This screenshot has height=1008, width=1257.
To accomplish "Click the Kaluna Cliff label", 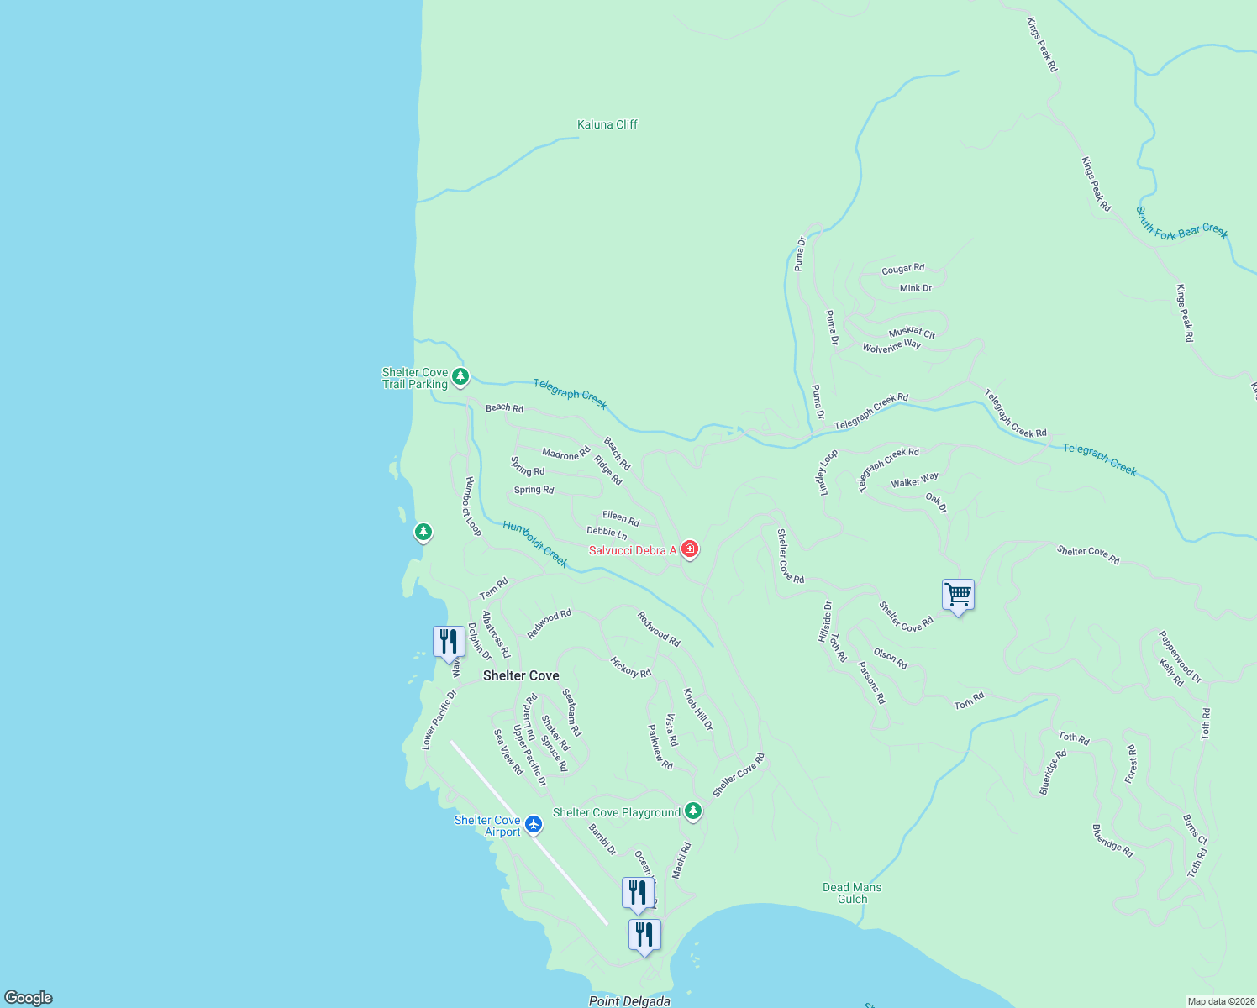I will [607, 124].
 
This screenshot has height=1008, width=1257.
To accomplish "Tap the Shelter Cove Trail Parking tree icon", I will [460, 376].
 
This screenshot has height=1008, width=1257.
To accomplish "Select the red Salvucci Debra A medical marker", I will [690, 549].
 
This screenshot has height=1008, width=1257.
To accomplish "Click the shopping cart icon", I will [958, 595].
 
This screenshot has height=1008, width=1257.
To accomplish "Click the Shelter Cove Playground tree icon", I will [692, 811].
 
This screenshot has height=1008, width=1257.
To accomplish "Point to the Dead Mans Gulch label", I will [852, 893].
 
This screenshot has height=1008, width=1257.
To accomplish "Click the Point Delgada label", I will [629, 1000].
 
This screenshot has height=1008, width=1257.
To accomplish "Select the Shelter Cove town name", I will [521, 675].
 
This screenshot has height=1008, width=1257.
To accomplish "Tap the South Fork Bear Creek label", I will [1181, 223].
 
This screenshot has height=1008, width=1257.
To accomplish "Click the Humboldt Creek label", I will [535, 543].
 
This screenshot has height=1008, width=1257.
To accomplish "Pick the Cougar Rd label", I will [902, 269].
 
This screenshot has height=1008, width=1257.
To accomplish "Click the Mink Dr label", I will [916, 288].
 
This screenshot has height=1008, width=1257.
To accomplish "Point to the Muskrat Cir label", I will [912, 333].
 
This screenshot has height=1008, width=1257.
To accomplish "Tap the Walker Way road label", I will [914, 480].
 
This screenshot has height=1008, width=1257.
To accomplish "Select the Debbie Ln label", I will [607, 533].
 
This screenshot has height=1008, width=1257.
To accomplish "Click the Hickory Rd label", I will [630, 667].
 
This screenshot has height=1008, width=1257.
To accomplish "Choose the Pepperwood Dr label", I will [1180, 656].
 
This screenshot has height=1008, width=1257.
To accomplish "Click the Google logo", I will [29, 998].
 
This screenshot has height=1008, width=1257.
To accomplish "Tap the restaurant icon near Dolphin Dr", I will [449, 642].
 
